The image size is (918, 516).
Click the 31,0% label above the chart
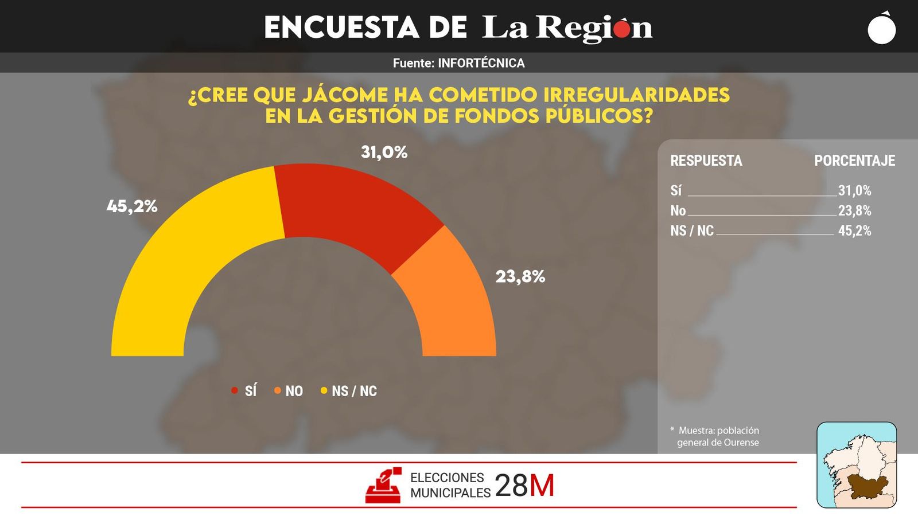(384, 153)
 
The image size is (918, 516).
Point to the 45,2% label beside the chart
(132, 206)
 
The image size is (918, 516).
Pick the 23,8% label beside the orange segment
(520, 277)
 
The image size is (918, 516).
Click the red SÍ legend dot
(235, 390)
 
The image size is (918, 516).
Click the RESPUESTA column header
(706, 161)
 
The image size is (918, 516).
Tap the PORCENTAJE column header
(854, 161)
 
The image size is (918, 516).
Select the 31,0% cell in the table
(854, 191)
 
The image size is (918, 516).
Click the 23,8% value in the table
(854, 211)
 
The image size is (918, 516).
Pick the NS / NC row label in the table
(692, 231)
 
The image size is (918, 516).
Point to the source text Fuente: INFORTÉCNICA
(458, 63)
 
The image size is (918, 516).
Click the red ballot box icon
(383, 486)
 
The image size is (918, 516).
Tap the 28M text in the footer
(524, 486)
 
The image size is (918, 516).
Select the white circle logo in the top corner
(881, 29)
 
